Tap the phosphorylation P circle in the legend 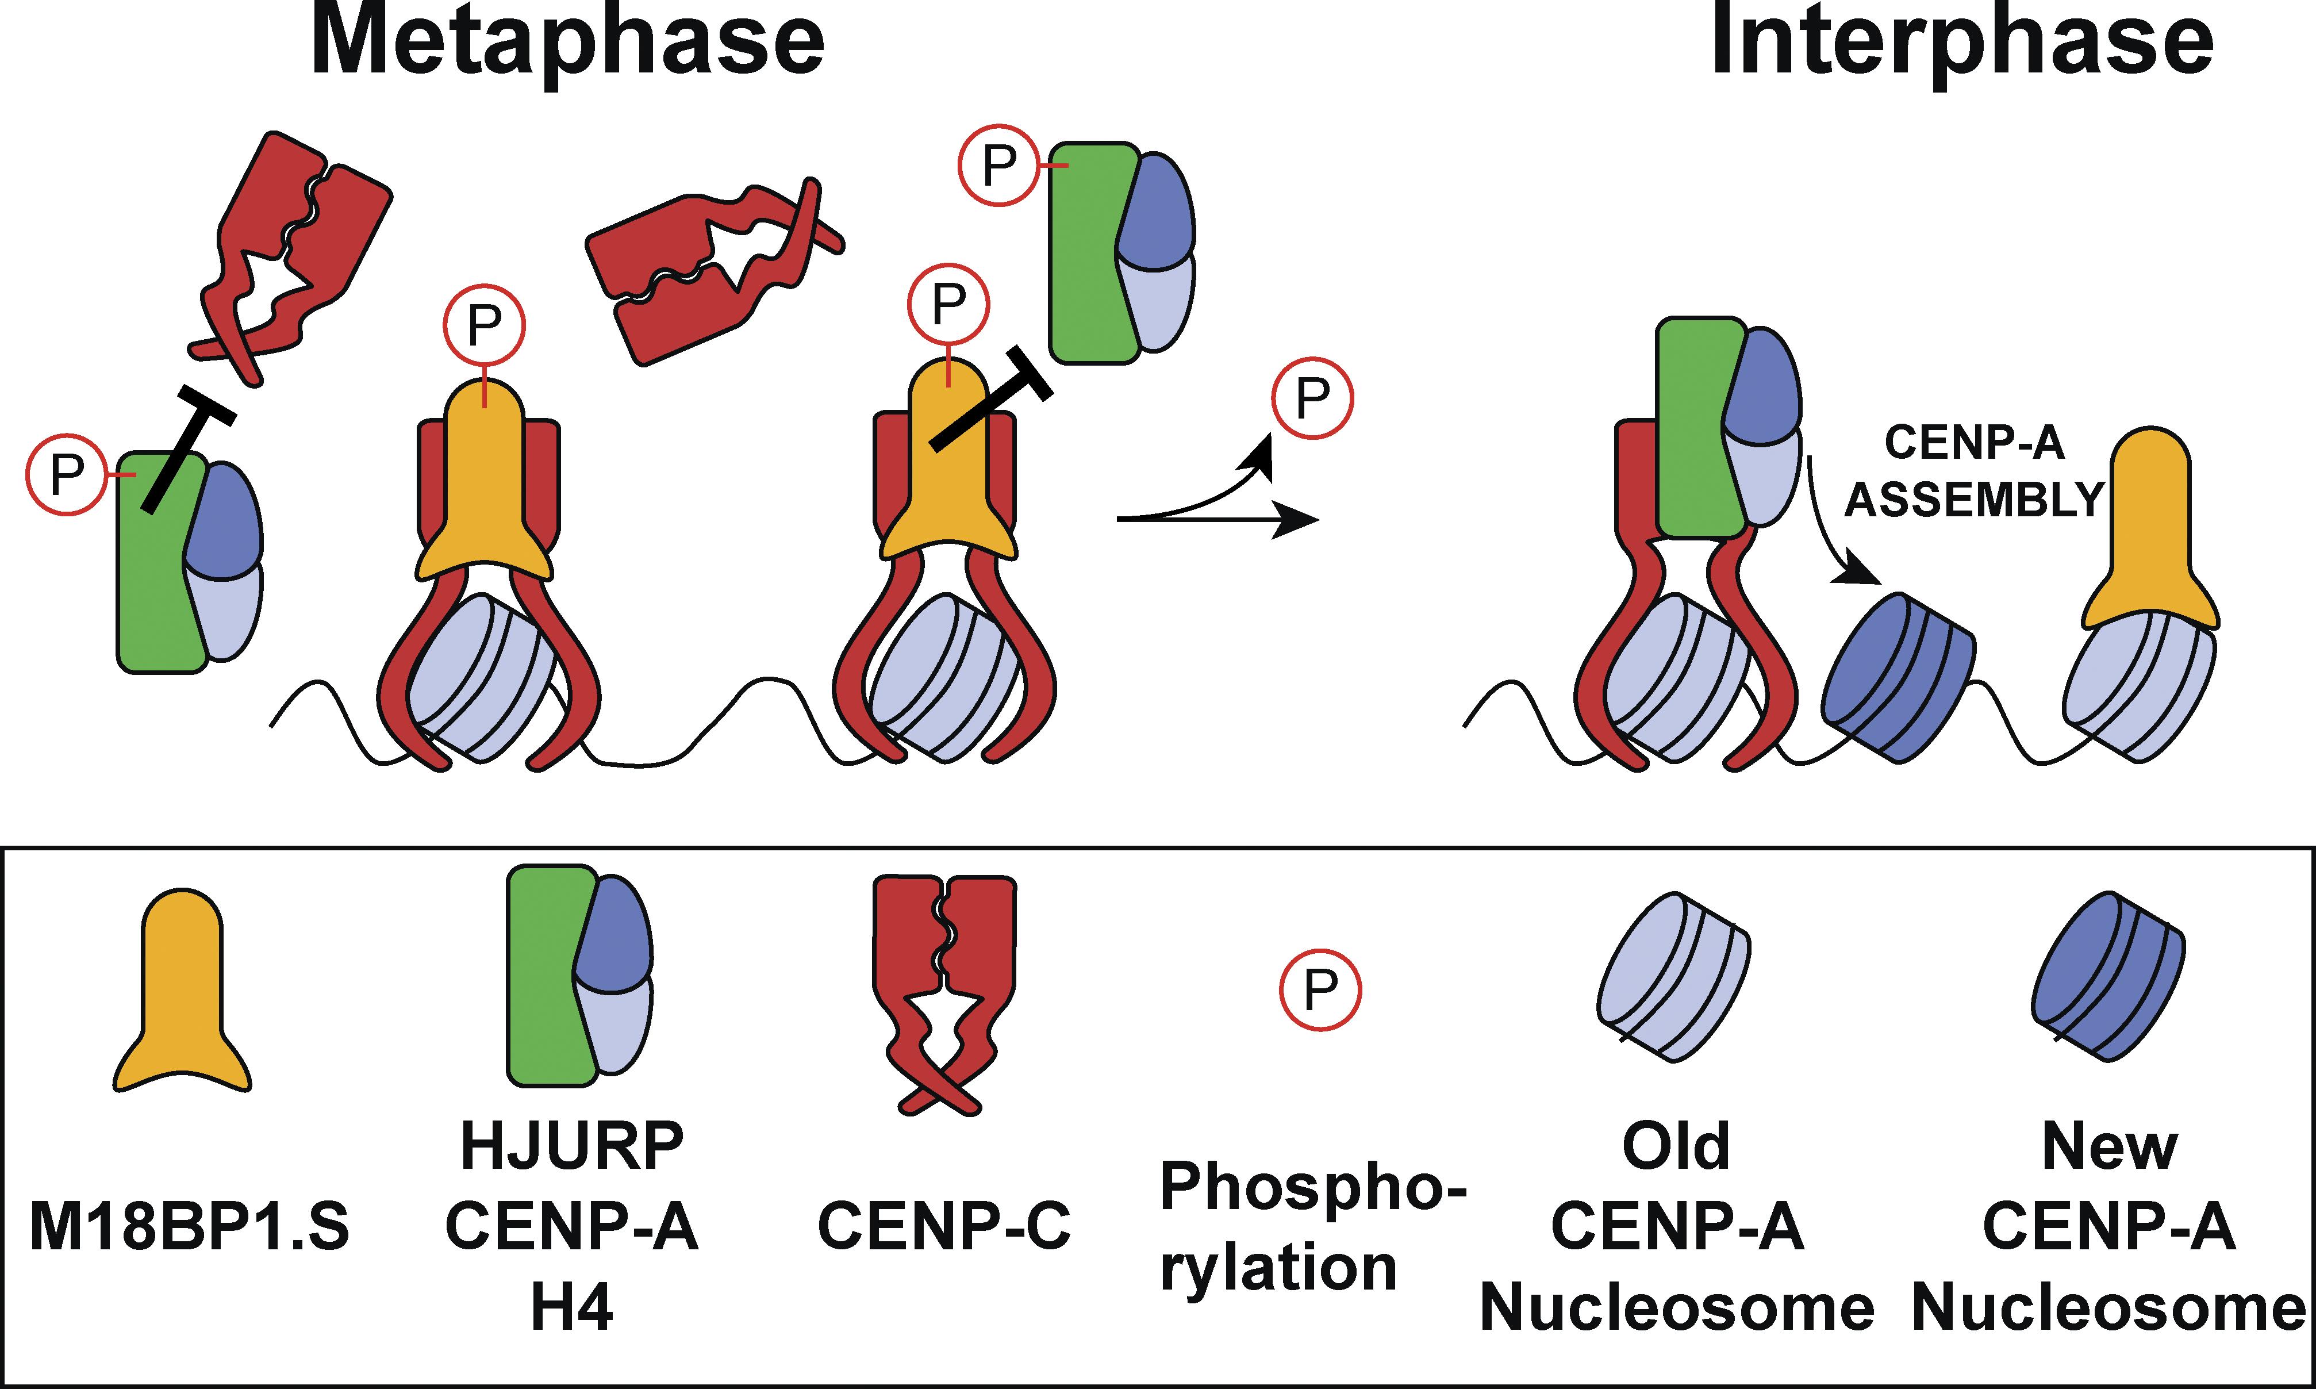(x=1320, y=990)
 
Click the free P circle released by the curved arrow (x=1312, y=398)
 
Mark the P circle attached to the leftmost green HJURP (x=66, y=474)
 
